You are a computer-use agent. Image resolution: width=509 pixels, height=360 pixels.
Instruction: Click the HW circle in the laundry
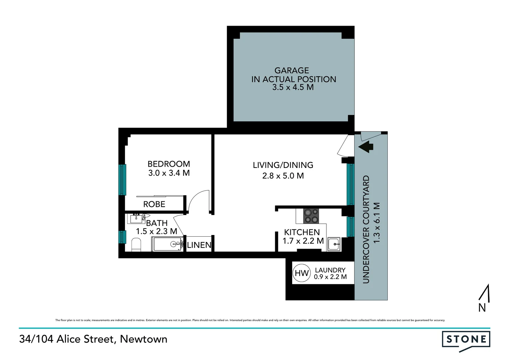[x=302, y=273]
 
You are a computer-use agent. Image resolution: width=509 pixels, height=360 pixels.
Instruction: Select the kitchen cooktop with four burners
[x=311, y=216]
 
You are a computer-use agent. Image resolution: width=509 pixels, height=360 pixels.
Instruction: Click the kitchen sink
[x=333, y=244]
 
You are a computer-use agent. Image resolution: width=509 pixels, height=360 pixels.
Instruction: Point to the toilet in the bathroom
[x=136, y=245]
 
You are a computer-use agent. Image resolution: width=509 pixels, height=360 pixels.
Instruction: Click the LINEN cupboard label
[x=199, y=245]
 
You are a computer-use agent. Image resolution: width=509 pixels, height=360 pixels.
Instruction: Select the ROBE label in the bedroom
[x=154, y=204]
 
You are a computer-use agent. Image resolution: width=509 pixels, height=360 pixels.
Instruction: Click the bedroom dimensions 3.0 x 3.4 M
[x=169, y=173]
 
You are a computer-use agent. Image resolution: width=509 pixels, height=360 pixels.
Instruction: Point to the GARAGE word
[x=292, y=70]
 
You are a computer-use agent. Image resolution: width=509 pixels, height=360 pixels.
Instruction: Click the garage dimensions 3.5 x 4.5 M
[x=293, y=87]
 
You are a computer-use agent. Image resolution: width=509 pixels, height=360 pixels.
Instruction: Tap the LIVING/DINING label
[x=283, y=165]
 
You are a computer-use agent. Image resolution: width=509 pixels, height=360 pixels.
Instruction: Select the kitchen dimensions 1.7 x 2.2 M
[x=303, y=241]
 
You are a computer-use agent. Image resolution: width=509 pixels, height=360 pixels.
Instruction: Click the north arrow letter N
[x=482, y=308]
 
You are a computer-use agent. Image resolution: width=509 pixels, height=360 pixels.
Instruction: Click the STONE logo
[x=466, y=340]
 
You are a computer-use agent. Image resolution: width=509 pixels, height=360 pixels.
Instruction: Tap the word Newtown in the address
[x=144, y=339]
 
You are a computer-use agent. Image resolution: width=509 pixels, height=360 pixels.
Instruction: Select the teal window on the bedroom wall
[x=123, y=180]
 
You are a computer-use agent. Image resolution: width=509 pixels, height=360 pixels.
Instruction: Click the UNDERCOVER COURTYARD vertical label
[x=366, y=229]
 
